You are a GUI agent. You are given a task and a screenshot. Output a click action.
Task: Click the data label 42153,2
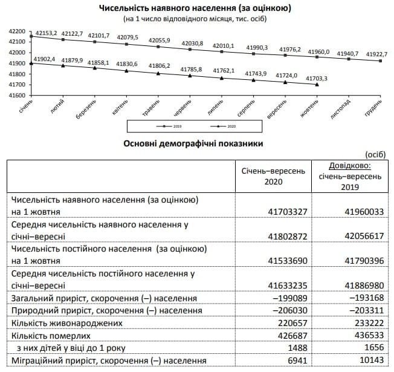click(46, 33)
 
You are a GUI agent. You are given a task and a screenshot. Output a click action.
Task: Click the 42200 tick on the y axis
click(17, 31)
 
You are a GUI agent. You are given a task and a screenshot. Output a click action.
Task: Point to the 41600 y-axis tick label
click(17, 96)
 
